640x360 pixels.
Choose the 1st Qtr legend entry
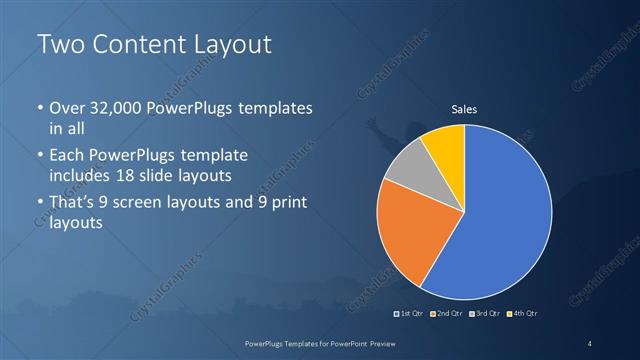pyautogui.click(x=409, y=314)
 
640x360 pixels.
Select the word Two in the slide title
pyautogui.click(x=59, y=45)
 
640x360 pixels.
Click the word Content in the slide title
pyautogui.click(x=135, y=45)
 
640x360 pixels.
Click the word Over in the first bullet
pyautogui.click(x=67, y=108)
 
